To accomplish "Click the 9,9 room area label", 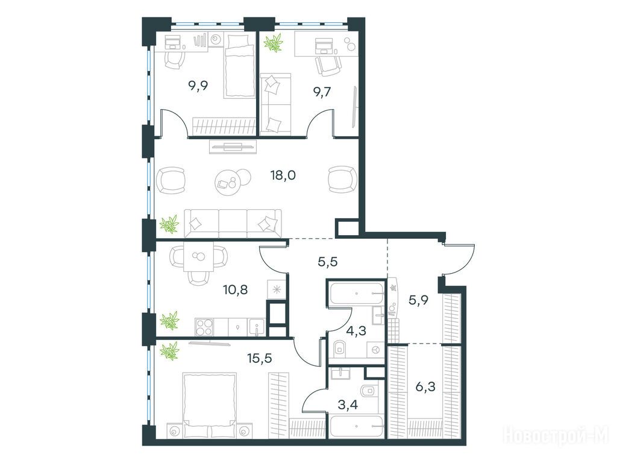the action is pos(198,86).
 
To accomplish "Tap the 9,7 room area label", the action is pos(322,92).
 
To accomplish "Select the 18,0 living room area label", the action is pos(283,175).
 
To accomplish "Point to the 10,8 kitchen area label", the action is pos(236,290).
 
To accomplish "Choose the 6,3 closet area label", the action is pos(425,387).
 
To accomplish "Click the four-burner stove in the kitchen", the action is pos(204,327).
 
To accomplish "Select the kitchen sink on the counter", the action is pos(257,327).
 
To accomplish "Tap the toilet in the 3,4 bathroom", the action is pos(369,391).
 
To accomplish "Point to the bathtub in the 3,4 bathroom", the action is pos(357,426).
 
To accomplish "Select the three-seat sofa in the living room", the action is pos(233,223).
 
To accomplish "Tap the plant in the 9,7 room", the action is pos(274,43).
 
